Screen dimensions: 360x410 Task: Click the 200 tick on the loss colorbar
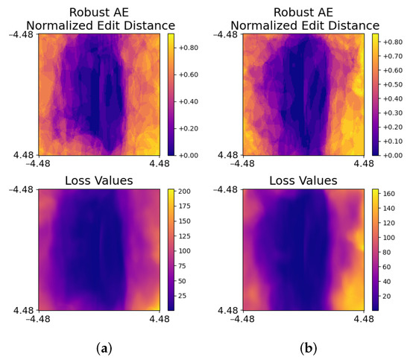186,192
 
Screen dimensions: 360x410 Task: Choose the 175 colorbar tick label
186,206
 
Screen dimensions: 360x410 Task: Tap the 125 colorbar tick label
186,236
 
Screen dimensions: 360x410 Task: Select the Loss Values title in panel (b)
303,180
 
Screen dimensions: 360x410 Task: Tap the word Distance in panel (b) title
349,25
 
